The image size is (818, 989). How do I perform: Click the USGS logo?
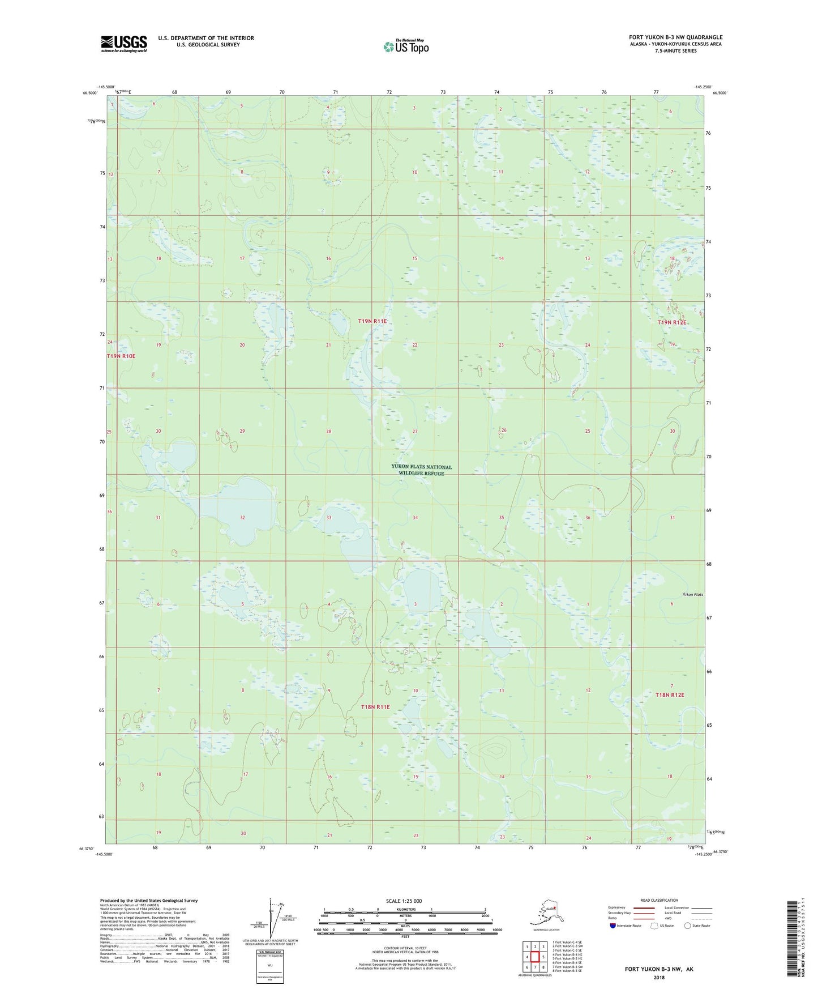click(123, 43)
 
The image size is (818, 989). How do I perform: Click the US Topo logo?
click(405, 46)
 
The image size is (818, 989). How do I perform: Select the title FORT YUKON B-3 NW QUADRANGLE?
click(675, 37)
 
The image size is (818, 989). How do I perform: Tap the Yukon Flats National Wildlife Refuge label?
click(421, 470)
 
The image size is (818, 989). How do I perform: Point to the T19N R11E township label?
click(372, 321)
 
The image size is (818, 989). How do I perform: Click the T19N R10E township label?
click(121, 356)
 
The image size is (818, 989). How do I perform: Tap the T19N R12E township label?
click(672, 322)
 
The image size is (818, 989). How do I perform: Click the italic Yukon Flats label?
click(691, 594)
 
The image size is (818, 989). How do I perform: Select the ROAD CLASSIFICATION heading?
click(658, 900)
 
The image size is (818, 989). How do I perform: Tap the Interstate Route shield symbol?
click(613, 926)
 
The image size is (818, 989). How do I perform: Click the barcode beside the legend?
click(793, 937)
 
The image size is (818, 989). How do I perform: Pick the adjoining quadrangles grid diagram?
click(535, 956)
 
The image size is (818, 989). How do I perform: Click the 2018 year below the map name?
click(658, 977)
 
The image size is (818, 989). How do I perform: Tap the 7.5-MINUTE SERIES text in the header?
click(676, 50)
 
